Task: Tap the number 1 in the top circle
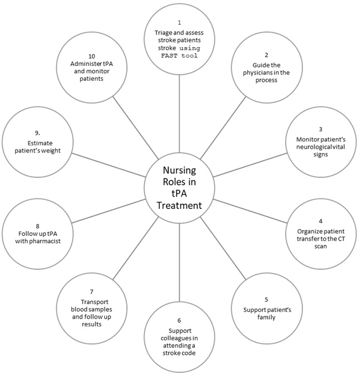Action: tap(179, 22)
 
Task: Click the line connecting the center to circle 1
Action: tap(179, 114)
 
